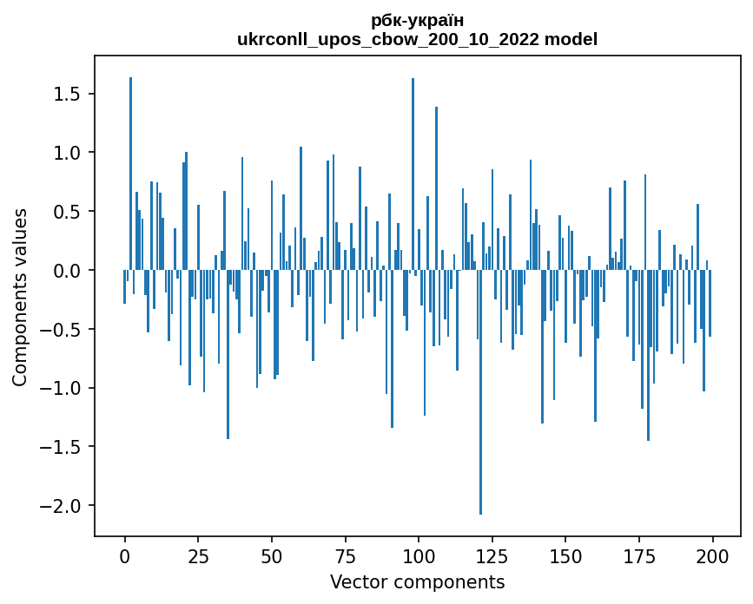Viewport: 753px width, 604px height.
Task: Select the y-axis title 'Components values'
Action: pos(20,297)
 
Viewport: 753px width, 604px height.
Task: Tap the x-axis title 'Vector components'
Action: pos(417,581)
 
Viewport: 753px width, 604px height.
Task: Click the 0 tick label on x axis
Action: pos(125,555)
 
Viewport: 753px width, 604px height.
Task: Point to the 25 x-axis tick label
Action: pos(198,555)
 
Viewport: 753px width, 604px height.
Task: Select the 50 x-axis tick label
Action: pos(272,555)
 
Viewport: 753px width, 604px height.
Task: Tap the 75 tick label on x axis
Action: pos(346,555)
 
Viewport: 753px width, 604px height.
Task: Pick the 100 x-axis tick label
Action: pos(419,555)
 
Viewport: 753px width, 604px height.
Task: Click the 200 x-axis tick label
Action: pos(713,555)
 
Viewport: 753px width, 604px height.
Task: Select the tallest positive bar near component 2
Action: pos(131,174)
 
